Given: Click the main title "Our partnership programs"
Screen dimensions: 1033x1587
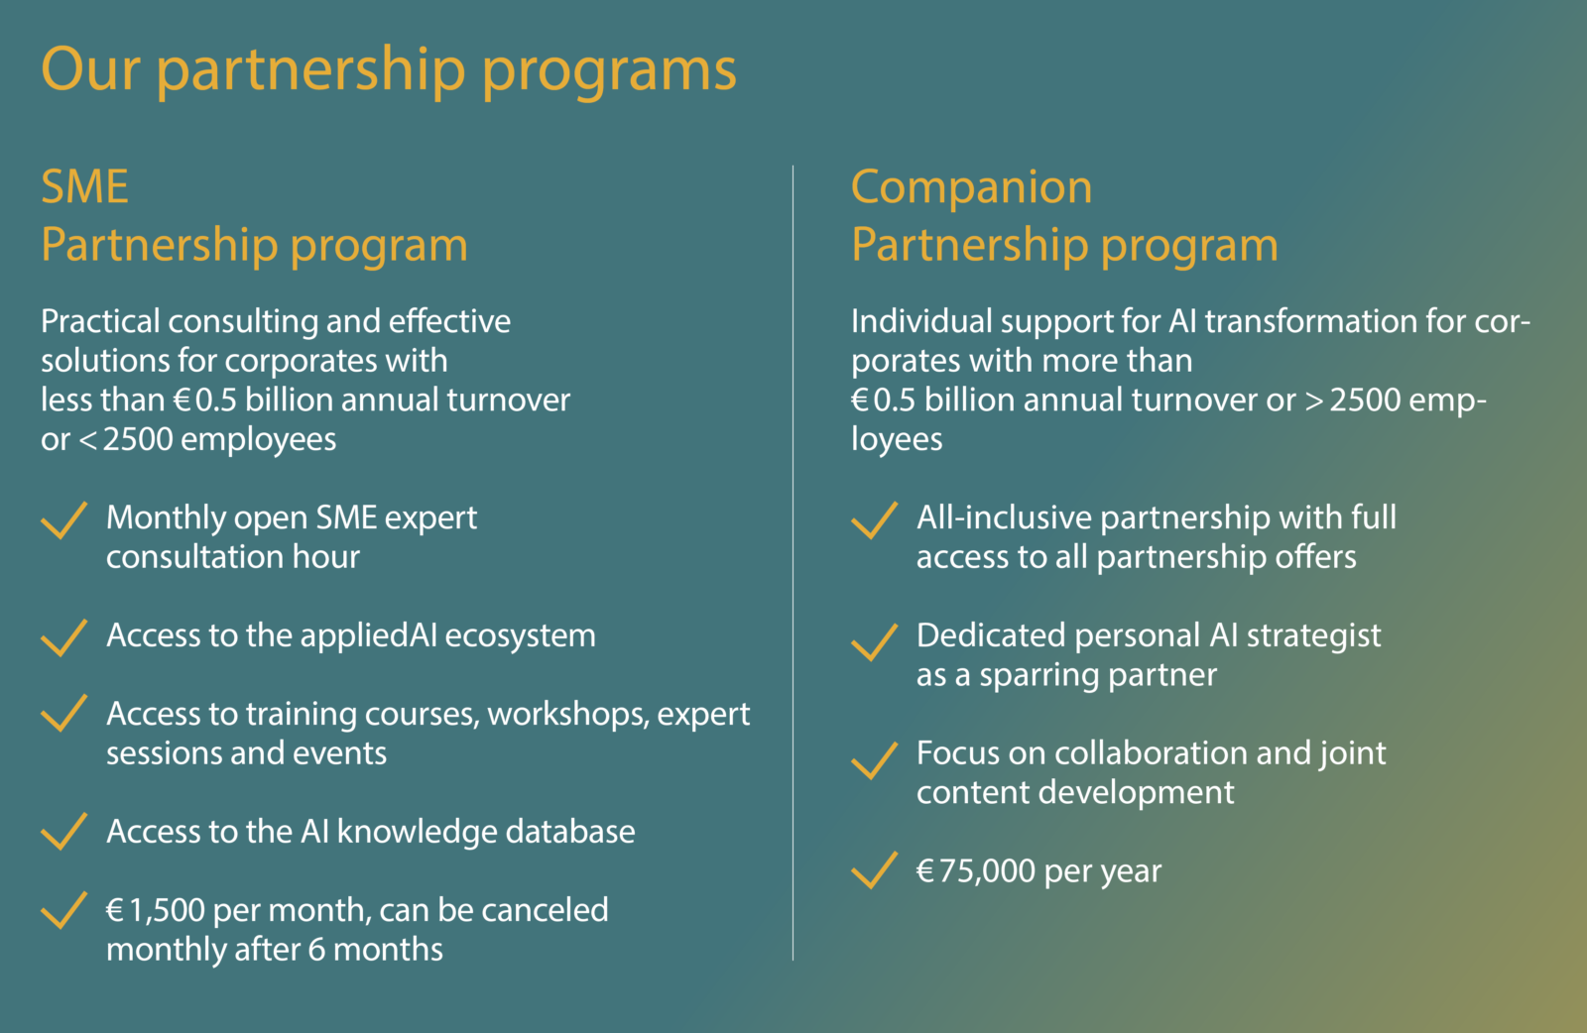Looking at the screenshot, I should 388,69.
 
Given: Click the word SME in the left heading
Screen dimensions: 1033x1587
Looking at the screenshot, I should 85,187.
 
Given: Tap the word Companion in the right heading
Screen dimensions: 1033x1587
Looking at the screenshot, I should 971,187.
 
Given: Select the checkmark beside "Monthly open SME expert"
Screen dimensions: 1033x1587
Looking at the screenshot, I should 64,519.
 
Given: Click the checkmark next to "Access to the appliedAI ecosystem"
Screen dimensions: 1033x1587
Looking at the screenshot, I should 64,636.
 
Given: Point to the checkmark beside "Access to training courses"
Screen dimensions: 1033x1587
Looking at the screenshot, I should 64,714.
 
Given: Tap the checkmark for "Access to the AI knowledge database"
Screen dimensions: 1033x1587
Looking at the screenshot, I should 64,832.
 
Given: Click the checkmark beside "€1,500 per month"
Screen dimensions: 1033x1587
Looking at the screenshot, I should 64,910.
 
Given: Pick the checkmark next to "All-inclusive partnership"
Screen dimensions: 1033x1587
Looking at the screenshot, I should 875,519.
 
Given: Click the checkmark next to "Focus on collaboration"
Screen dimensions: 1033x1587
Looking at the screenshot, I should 875,759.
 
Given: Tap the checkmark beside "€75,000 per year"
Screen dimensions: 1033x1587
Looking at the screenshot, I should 875,871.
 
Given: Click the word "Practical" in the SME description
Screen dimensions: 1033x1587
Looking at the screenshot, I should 100,321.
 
